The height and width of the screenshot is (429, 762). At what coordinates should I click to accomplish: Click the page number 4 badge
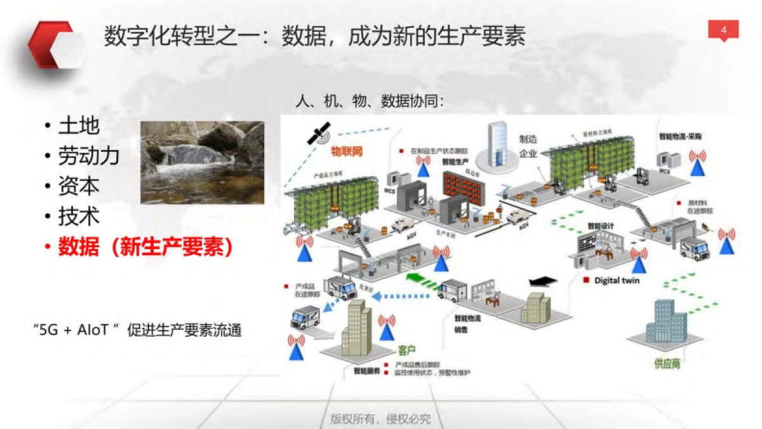pos(723,29)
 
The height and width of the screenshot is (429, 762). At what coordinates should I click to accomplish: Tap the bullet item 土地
pos(79,126)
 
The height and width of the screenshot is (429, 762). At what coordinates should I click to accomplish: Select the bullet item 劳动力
pos(88,156)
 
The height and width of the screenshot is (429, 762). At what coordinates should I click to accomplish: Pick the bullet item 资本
pos(79,186)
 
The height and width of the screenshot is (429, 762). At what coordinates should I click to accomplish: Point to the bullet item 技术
pos(79,217)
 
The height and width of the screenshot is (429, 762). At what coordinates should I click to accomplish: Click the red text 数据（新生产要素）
pos(145,247)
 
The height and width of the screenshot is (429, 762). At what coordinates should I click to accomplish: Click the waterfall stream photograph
pos(201,162)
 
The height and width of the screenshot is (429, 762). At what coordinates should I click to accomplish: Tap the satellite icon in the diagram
pos(317,133)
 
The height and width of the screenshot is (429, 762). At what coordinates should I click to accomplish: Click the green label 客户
pos(406,350)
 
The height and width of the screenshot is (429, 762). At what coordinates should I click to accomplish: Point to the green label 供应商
pos(667,364)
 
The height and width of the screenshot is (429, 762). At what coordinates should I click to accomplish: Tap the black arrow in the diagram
pos(542,282)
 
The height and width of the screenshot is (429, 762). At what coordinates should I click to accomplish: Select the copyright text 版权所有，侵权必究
pos(380,419)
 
